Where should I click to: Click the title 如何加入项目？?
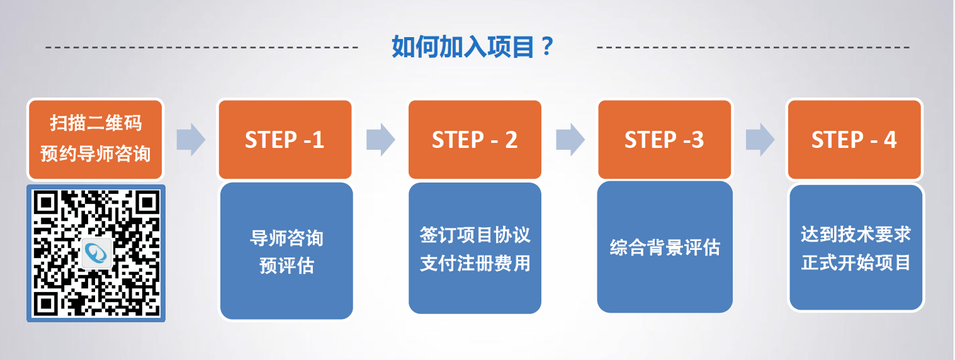472,47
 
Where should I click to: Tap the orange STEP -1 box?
285,140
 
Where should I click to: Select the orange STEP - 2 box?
475,140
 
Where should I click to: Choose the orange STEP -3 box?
664,140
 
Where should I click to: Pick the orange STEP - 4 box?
854,140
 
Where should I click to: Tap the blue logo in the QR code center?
97,253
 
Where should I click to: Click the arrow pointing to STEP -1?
191,139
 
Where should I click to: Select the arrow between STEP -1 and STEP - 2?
380,139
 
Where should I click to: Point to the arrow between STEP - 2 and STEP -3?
570,139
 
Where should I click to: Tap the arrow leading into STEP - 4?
760,139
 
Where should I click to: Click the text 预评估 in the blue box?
286,266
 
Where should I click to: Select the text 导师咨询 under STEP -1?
286,239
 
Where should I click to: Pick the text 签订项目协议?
475,235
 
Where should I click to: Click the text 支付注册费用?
475,262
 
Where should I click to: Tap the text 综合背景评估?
665,247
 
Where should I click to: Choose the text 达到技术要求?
856,235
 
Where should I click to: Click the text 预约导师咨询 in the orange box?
96,153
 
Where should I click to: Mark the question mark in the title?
547,47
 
